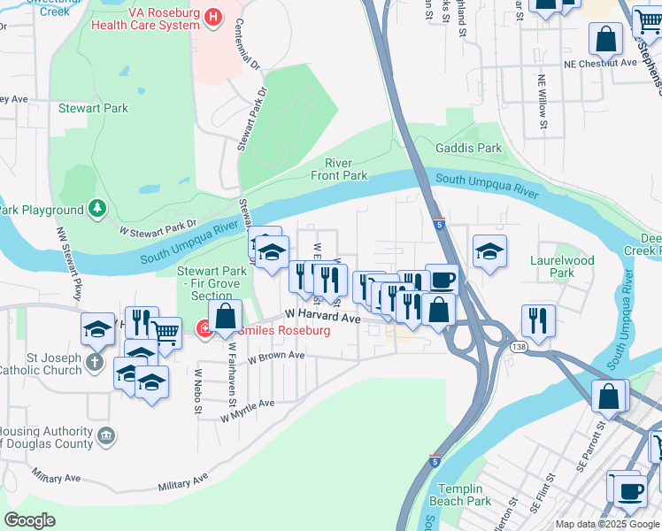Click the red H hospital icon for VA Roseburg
coord(212,16)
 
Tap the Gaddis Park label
coord(468,149)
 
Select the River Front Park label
coord(339,169)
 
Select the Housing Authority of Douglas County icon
coord(105,435)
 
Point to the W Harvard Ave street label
coord(323,316)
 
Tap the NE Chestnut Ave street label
coord(601,64)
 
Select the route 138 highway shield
coord(517,347)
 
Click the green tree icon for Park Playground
coord(96,210)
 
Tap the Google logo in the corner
coord(30,519)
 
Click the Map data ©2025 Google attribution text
coord(607,524)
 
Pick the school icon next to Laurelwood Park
coord(489,251)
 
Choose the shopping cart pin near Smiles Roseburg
coord(165,333)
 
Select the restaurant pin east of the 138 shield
coord(537,320)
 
